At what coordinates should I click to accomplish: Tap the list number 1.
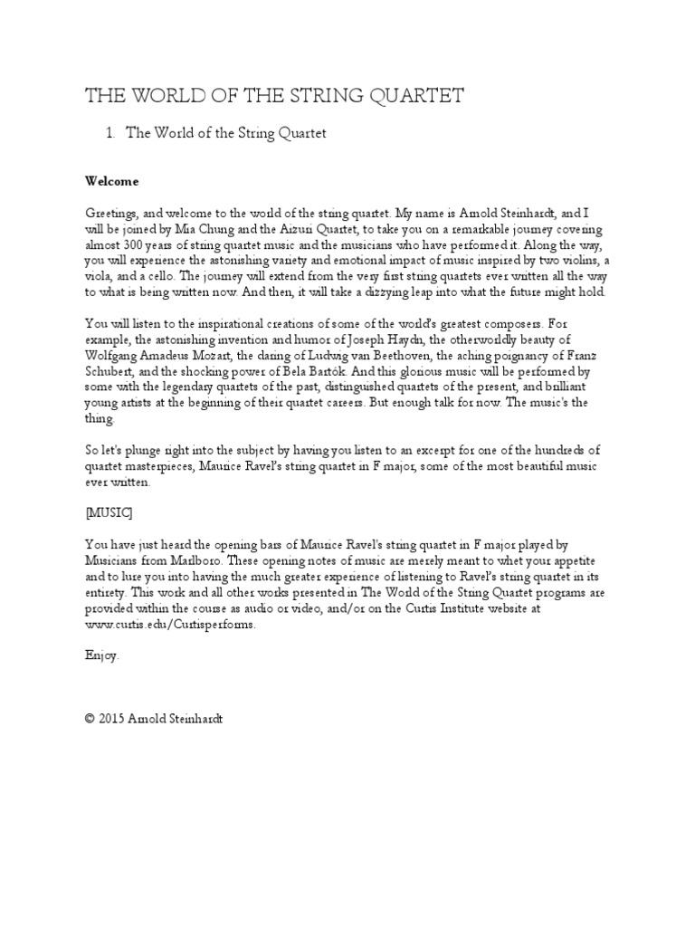pos(109,134)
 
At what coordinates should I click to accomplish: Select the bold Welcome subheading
pos(111,181)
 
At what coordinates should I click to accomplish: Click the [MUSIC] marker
pos(109,512)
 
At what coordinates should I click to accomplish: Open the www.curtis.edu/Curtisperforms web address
pos(165,624)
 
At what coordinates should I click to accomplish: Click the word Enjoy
pos(101,655)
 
